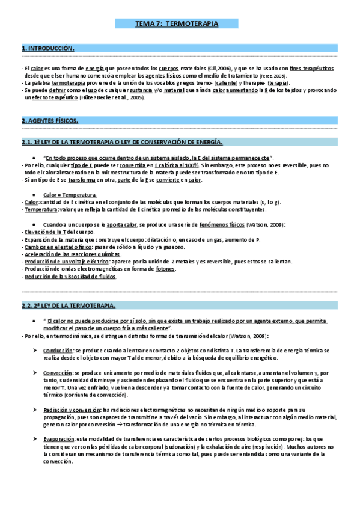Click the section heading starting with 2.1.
point(122,142)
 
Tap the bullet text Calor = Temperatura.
point(70,195)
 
